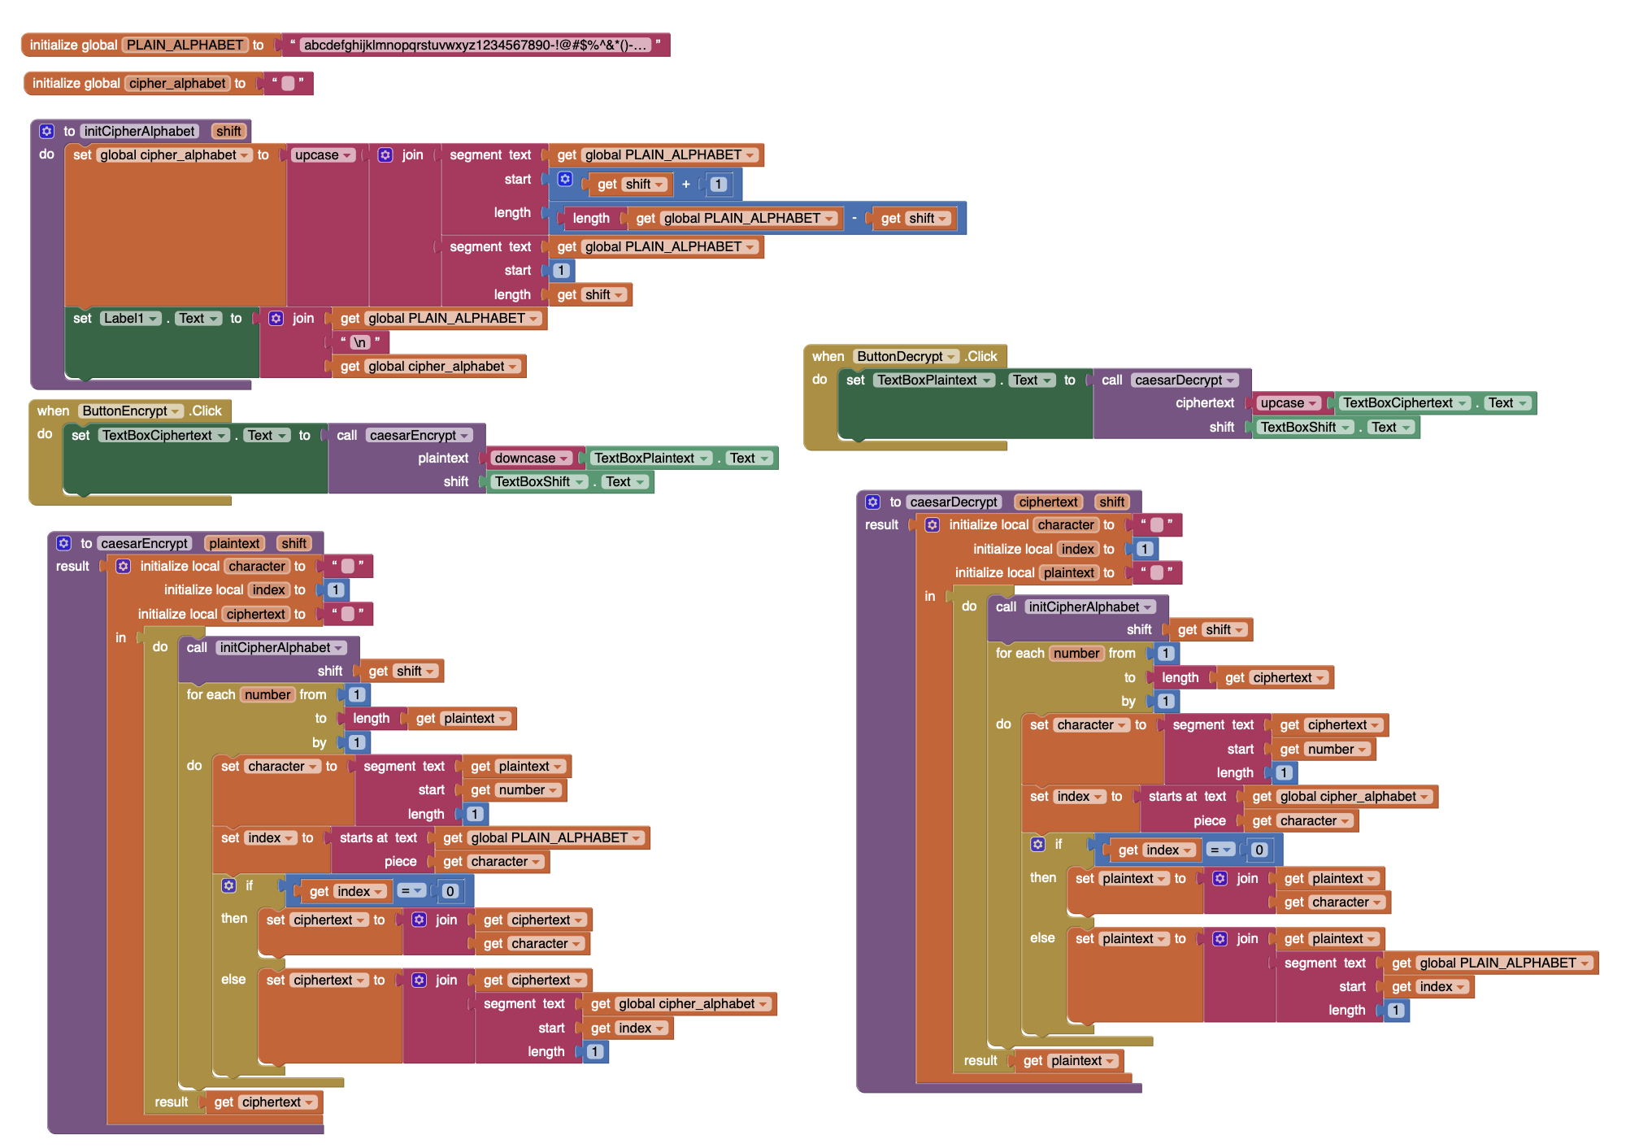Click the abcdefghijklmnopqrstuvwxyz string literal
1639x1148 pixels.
[476, 45]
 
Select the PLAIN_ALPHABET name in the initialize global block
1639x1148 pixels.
[185, 45]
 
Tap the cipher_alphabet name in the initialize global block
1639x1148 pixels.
[177, 83]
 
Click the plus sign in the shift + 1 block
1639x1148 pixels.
[686, 185]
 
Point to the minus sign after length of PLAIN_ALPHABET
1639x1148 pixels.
[854, 218]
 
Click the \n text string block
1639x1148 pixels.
[359, 342]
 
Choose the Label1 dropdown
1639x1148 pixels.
[131, 319]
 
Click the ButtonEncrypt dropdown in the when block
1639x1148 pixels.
[130, 411]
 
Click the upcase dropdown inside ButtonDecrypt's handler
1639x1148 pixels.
[1288, 403]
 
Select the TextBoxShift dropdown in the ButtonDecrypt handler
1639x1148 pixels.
[1304, 428]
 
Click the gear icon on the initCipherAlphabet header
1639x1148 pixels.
[47, 132]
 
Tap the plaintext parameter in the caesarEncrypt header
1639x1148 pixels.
[234, 543]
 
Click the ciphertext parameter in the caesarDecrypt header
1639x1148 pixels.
[1048, 502]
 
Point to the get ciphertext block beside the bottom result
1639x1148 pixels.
[264, 1102]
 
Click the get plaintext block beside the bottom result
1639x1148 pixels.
[1068, 1061]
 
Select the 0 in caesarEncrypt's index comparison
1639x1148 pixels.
[450, 892]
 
